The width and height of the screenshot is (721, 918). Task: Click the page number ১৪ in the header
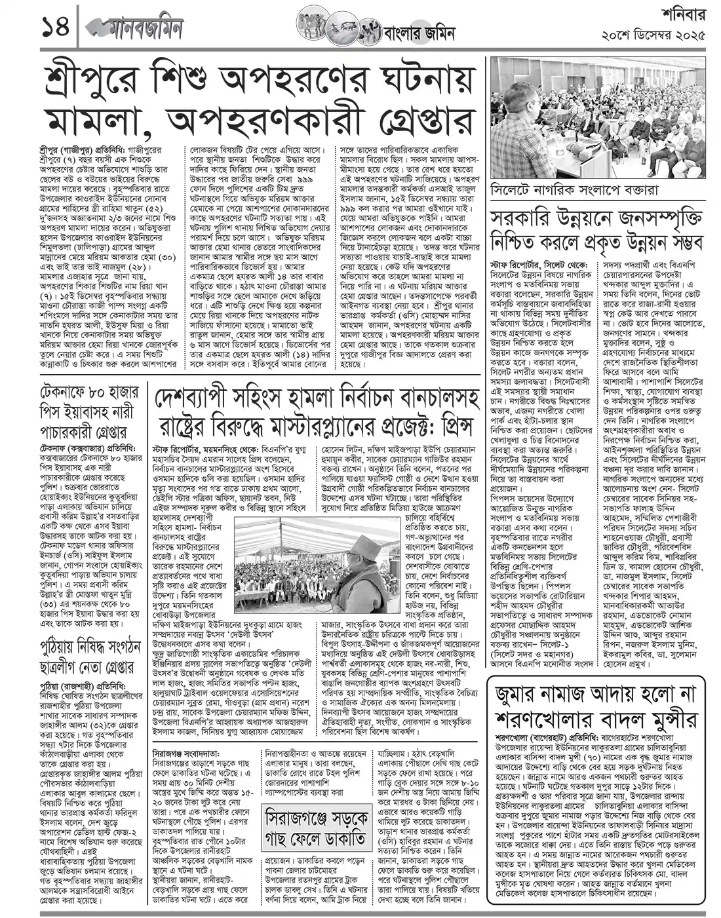click(40, 28)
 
